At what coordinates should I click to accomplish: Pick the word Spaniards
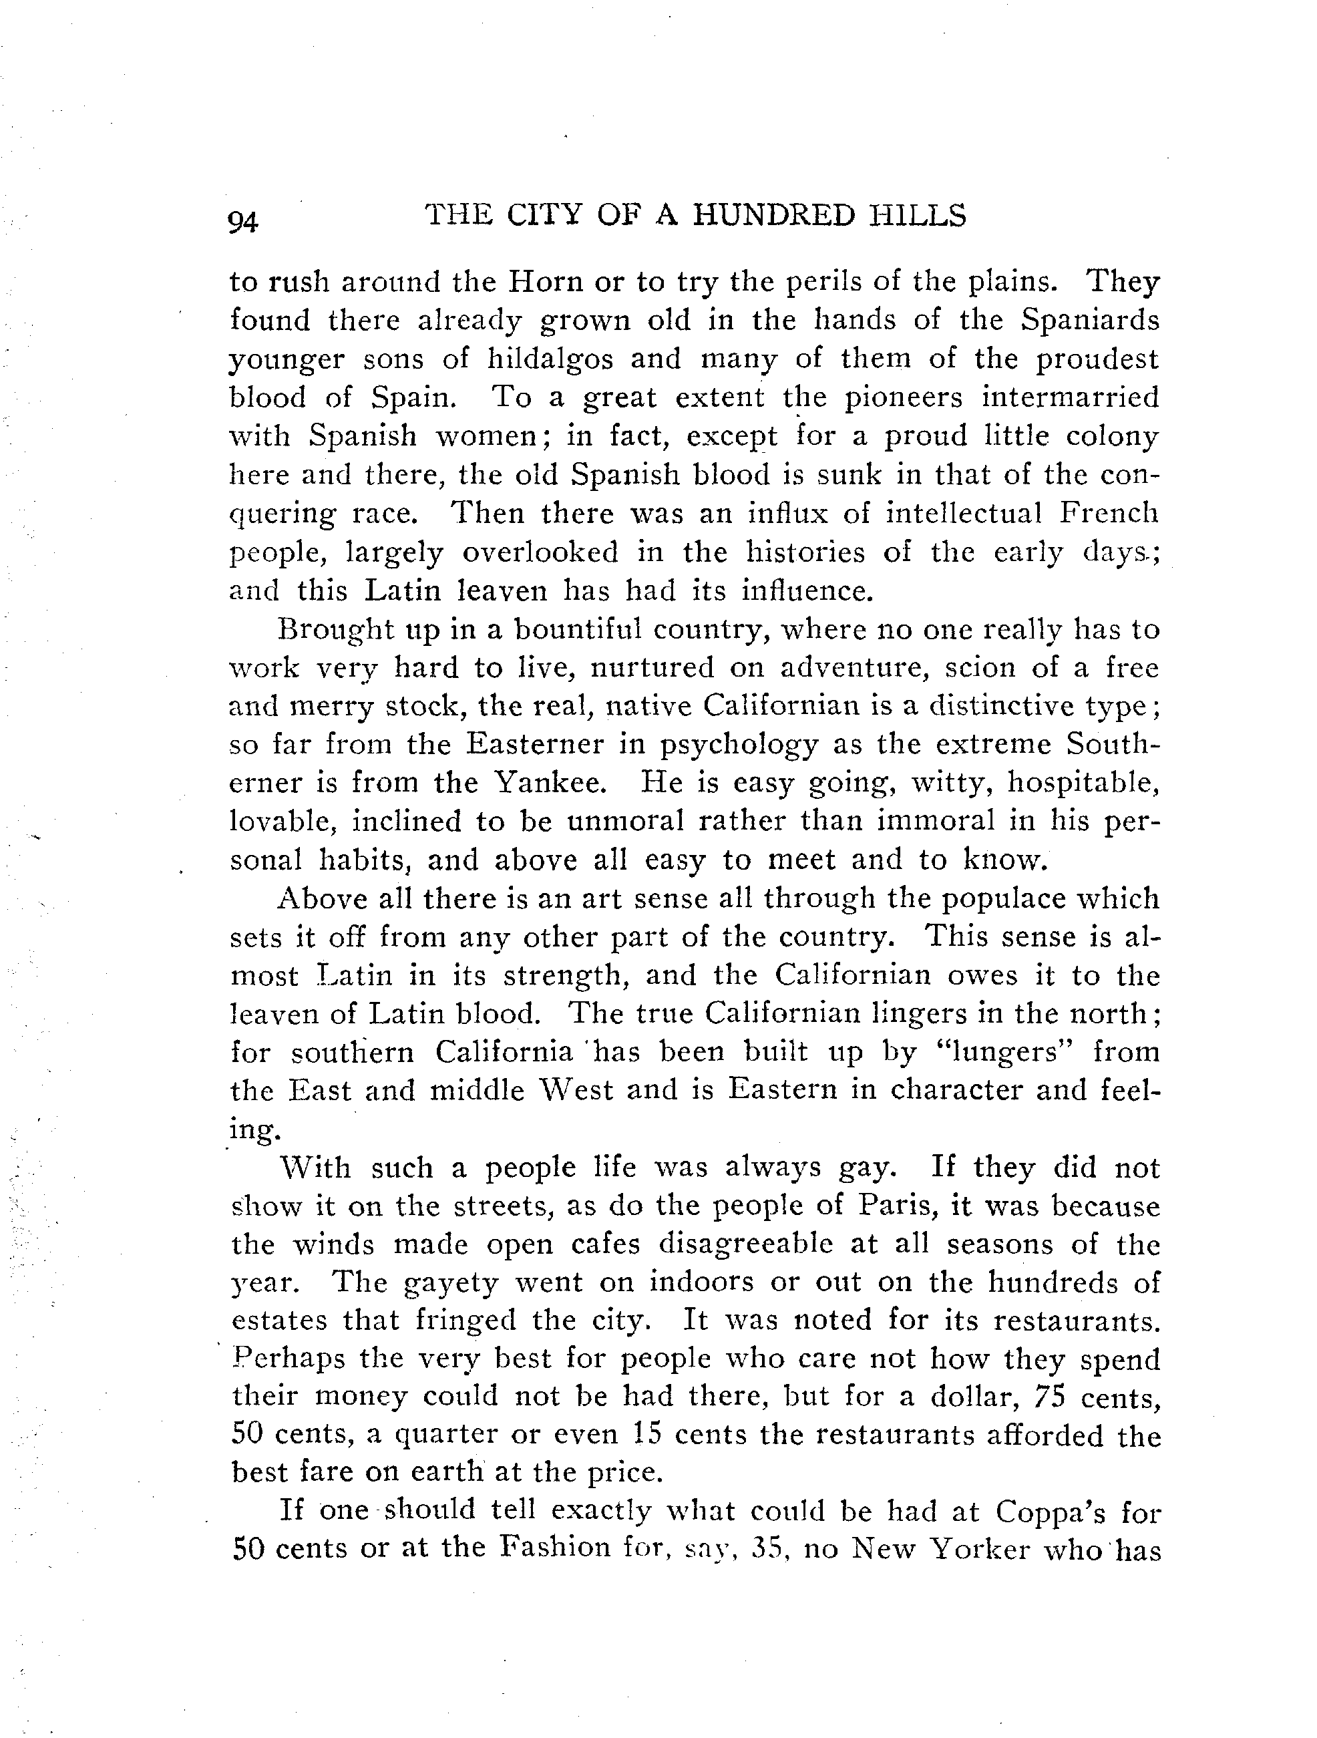(1090, 320)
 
